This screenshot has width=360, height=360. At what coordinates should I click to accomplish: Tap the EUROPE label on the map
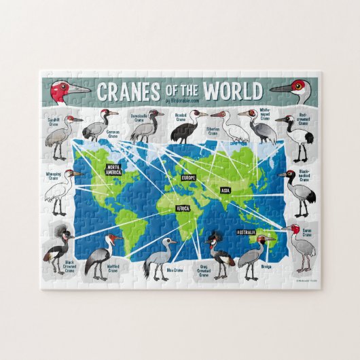(188, 177)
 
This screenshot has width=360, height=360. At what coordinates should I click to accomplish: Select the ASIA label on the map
(226, 190)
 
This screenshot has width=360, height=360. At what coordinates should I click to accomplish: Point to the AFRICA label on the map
(183, 209)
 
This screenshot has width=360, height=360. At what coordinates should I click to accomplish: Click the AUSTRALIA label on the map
(246, 232)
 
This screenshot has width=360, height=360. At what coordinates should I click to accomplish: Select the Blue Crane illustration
(158, 257)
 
